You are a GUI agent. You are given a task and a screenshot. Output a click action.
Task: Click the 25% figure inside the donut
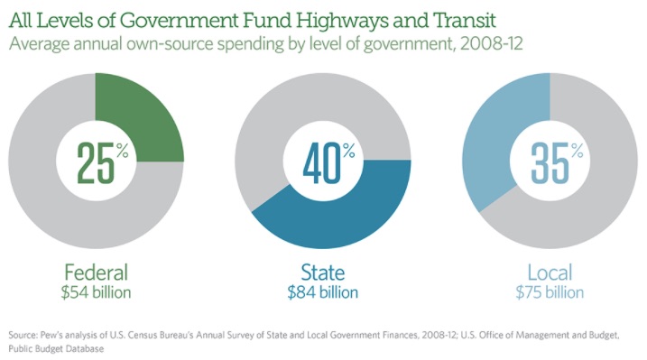(102, 163)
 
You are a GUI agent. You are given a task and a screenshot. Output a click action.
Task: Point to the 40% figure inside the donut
(328, 163)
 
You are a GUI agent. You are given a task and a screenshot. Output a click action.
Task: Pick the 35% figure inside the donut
(557, 163)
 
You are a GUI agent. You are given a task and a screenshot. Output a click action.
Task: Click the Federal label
(97, 272)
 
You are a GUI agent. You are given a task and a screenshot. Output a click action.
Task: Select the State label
(323, 272)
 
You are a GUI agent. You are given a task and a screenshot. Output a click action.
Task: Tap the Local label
(550, 272)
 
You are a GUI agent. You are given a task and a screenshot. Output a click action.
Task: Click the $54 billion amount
(97, 292)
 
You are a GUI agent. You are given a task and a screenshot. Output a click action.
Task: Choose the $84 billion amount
(323, 292)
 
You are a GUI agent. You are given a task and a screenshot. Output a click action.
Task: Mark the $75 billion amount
(550, 292)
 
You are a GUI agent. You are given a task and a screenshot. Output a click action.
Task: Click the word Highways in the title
(341, 21)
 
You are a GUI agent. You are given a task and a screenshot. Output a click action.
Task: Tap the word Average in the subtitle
(39, 44)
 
